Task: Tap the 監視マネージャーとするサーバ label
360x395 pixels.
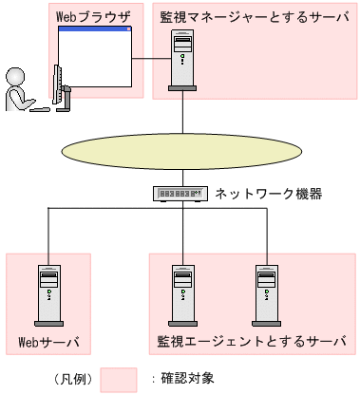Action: tap(255, 16)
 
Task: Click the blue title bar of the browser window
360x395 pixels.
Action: tap(95, 29)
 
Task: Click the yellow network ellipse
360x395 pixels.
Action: tap(180, 152)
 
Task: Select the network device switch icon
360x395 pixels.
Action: tap(180, 194)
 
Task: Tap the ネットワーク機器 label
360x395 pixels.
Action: tap(269, 194)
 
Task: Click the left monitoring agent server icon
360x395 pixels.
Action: tap(181, 292)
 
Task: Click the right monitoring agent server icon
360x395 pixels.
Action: tap(266, 292)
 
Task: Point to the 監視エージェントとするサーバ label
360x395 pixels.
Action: tap(252, 340)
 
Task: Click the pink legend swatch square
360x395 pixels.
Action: tap(118, 380)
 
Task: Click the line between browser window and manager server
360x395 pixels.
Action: tap(151, 62)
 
